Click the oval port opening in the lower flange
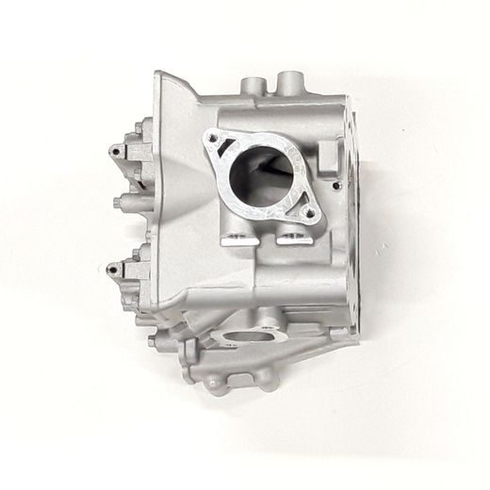coord(247,336)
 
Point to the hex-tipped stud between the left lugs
coord(116,203)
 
